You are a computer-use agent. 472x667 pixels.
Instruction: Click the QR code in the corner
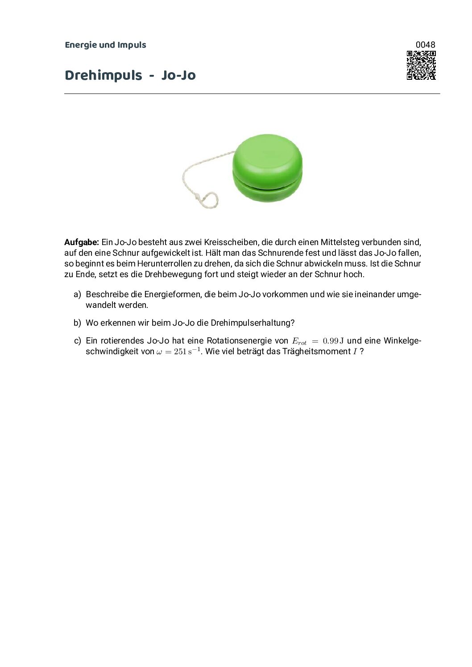pos(421,65)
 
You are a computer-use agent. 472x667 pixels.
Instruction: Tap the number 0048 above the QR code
pos(425,45)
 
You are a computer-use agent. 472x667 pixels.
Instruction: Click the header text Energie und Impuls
pos(105,45)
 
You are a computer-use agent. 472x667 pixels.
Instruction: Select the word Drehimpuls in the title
pos(103,75)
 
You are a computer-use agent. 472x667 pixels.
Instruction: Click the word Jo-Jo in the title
pos(178,75)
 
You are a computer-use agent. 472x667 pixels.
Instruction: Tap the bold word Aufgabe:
pos(81,242)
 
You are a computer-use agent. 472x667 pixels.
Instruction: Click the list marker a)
pos(77,295)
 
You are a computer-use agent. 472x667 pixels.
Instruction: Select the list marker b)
pos(77,323)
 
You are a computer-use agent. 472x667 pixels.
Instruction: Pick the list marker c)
pos(77,341)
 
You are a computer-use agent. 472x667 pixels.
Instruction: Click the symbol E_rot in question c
pos(299,341)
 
